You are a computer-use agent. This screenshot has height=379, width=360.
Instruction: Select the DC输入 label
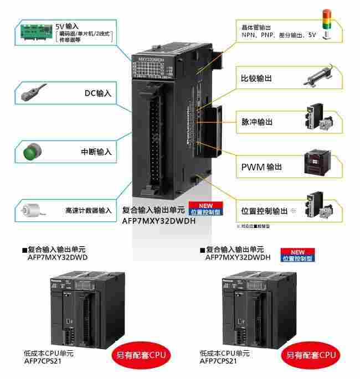[97, 94]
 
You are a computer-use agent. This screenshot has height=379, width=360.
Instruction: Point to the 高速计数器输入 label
[88, 211]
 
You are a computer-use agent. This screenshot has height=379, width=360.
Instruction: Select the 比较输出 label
[256, 78]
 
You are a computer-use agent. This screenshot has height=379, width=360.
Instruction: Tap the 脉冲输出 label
[256, 122]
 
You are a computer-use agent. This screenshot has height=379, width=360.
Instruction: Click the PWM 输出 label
[261, 167]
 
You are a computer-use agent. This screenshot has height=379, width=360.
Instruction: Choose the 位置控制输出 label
[265, 211]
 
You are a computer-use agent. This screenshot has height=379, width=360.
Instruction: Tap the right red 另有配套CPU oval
[311, 354]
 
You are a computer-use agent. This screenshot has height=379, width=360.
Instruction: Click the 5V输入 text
[67, 26]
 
